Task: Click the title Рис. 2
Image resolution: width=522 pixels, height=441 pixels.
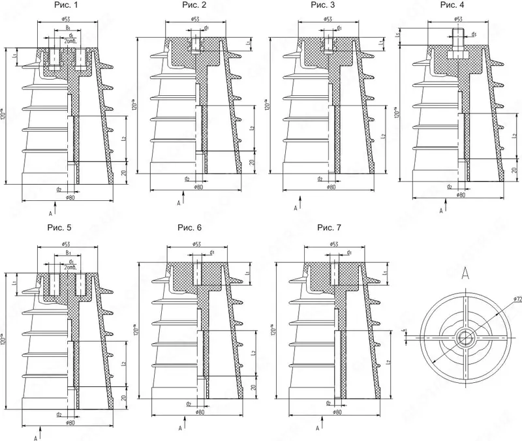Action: (x=194, y=6)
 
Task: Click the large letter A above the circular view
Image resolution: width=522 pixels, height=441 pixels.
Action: (x=465, y=272)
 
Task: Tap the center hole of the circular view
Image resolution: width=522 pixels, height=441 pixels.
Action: (x=465, y=337)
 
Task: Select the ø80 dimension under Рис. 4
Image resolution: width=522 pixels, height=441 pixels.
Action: (x=461, y=194)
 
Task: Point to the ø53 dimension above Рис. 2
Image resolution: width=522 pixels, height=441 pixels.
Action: (x=196, y=19)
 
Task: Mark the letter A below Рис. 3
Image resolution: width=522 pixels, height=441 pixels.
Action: (x=296, y=207)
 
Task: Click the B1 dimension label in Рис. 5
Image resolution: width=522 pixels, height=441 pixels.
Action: (x=68, y=252)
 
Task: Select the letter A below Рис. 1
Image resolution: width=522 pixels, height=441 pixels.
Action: (x=50, y=212)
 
